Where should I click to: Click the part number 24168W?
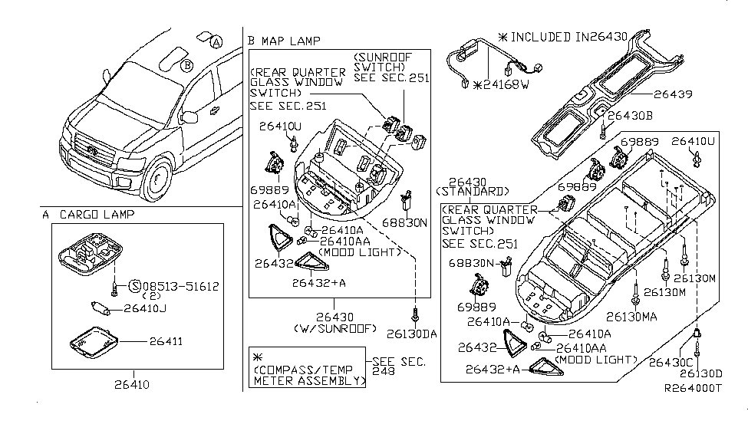click(505, 84)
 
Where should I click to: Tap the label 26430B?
click(631, 115)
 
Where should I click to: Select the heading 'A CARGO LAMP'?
click(88, 215)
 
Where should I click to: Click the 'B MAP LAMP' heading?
click(284, 41)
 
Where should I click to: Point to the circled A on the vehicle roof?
click(218, 43)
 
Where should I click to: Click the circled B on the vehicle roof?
click(186, 66)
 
